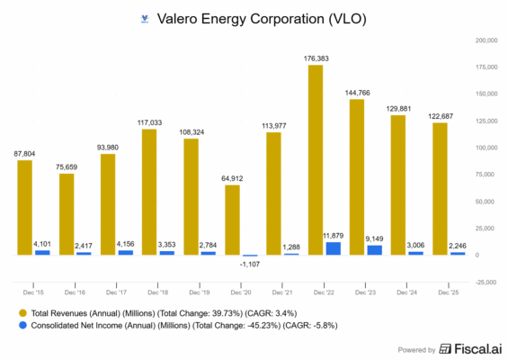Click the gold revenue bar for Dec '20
point(232,220)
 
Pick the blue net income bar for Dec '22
point(334,248)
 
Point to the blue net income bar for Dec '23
point(375,250)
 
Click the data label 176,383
point(316,58)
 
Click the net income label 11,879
point(334,235)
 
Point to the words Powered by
point(416,349)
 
